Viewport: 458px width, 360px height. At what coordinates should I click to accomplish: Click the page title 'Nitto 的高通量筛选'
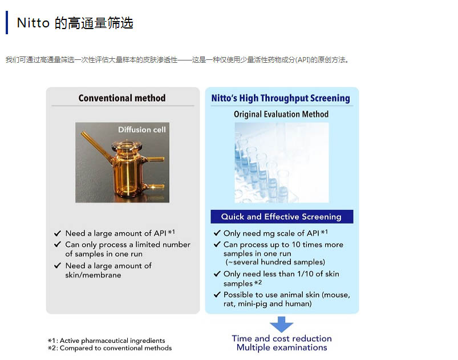(75, 23)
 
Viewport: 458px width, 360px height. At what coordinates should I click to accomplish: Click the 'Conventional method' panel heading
(122, 98)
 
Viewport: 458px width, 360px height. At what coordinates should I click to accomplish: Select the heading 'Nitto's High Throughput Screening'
(281, 98)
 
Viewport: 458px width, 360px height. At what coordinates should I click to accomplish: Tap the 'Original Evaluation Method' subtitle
(281, 114)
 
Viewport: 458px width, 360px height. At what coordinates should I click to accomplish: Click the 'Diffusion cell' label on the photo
(141, 130)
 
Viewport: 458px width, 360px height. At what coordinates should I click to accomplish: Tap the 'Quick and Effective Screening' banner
(282, 217)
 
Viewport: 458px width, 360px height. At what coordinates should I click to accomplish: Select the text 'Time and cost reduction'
(282, 338)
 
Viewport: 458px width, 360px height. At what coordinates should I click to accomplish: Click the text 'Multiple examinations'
(282, 347)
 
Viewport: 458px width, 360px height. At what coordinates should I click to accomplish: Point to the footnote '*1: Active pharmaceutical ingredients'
(107, 341)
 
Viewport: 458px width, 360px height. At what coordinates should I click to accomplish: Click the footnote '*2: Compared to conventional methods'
(110, 348)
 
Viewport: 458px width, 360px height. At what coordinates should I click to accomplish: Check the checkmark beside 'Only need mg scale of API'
(217, 233)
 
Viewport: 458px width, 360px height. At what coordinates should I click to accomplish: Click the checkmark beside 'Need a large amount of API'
(58, 233)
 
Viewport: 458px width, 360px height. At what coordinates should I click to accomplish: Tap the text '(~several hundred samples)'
(275, 262)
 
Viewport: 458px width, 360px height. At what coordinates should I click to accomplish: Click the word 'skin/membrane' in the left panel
(93, 275)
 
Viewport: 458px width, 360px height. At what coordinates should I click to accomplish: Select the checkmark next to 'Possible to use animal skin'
(217, 294)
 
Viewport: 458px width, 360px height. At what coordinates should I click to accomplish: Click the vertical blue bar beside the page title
(7, 22)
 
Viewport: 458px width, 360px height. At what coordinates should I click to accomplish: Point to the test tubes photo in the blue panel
(282, 163)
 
